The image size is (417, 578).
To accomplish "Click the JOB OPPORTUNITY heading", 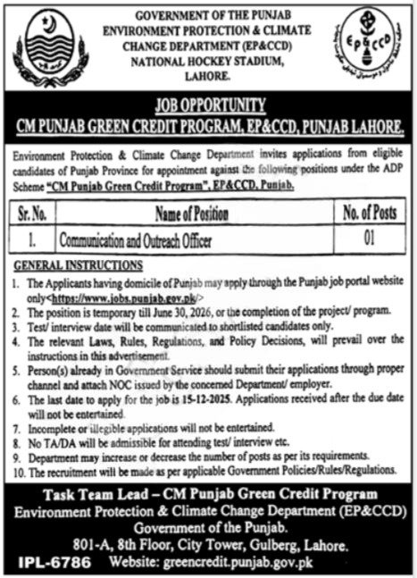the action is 207,103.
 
